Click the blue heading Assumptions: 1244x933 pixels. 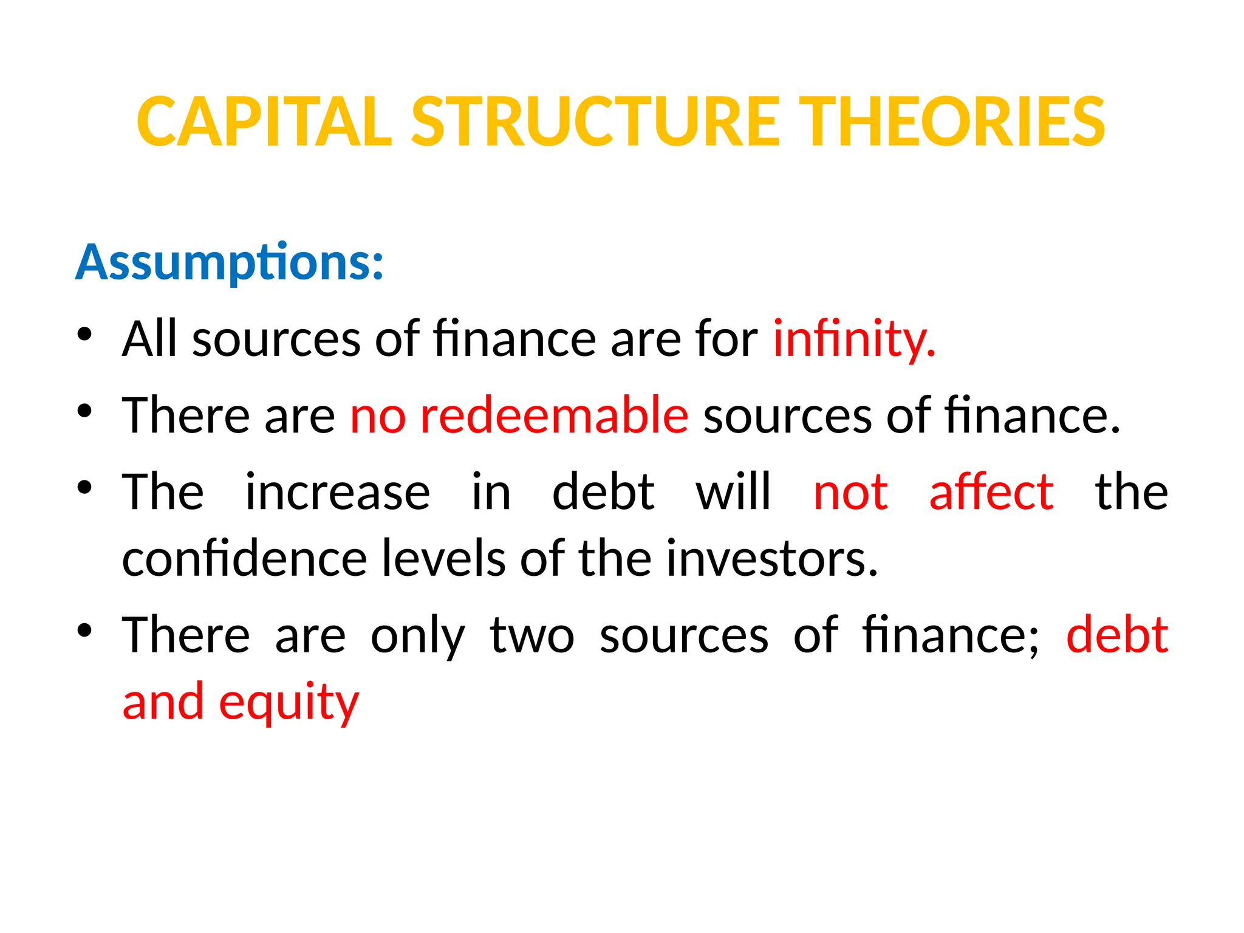point(230,263)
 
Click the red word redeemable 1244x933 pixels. point(554,415)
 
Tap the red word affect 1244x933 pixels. point(991,492)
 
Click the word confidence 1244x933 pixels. point(244,559)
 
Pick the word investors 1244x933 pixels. point(771,559)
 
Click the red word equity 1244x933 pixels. point(289,703)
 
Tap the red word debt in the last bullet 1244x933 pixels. point(1117,635)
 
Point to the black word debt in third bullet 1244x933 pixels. point(603,492)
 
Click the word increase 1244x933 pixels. point(338,492)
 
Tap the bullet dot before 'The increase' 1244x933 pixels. point(84,487)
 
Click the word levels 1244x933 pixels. point(443,559)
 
